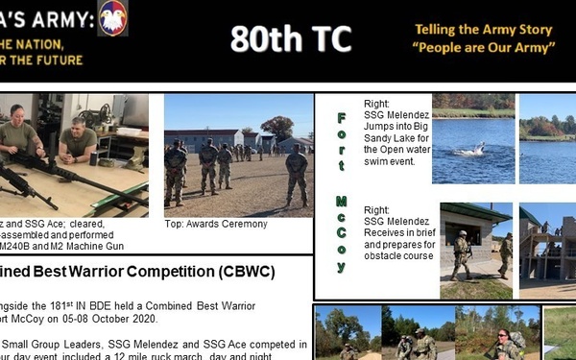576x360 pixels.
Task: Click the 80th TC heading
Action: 291,39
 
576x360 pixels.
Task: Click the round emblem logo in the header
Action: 112,17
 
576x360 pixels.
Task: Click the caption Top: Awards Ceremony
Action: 216,225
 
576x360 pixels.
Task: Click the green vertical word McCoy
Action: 342,230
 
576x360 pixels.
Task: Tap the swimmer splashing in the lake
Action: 469,150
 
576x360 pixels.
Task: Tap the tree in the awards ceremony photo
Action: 279,126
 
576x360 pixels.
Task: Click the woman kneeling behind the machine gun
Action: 19,136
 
